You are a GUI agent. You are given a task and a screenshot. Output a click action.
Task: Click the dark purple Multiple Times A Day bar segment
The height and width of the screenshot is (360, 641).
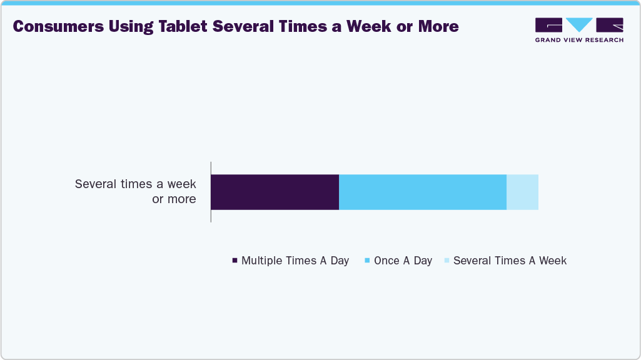(x=275, y=192)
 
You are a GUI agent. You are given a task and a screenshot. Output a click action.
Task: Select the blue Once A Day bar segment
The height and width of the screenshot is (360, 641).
(x=422, y=192)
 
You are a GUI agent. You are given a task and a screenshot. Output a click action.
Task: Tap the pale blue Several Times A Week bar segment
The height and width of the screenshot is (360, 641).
(x=522, y=192)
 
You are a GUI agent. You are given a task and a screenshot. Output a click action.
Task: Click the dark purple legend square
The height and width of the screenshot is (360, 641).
(x=235, y=261)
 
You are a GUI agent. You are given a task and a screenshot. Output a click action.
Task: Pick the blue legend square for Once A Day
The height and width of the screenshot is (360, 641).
(x=368, y=261)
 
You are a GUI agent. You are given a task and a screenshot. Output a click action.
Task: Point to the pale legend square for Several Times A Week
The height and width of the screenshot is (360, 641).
(x=447, y=261)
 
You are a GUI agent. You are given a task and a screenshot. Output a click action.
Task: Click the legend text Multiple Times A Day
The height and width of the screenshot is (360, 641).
(x=295, y=261)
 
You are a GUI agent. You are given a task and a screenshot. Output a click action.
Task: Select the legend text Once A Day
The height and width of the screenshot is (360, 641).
(x=403, y=261)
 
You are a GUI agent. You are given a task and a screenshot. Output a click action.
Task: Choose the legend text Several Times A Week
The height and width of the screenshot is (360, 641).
(x=510, y=261)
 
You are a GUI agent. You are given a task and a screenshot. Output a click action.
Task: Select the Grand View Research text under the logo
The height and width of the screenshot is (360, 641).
(x=579, y=40)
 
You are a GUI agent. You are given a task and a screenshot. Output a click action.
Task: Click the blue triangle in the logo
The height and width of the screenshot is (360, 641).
(x=579, y=24)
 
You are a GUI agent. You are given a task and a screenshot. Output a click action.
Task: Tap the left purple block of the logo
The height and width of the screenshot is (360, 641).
(x=548, y=24)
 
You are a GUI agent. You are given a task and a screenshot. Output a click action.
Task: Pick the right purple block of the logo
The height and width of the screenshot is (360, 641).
(x=610, y=24)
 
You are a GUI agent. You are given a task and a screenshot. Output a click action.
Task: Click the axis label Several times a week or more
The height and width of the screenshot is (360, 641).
(x=136, y=192)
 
